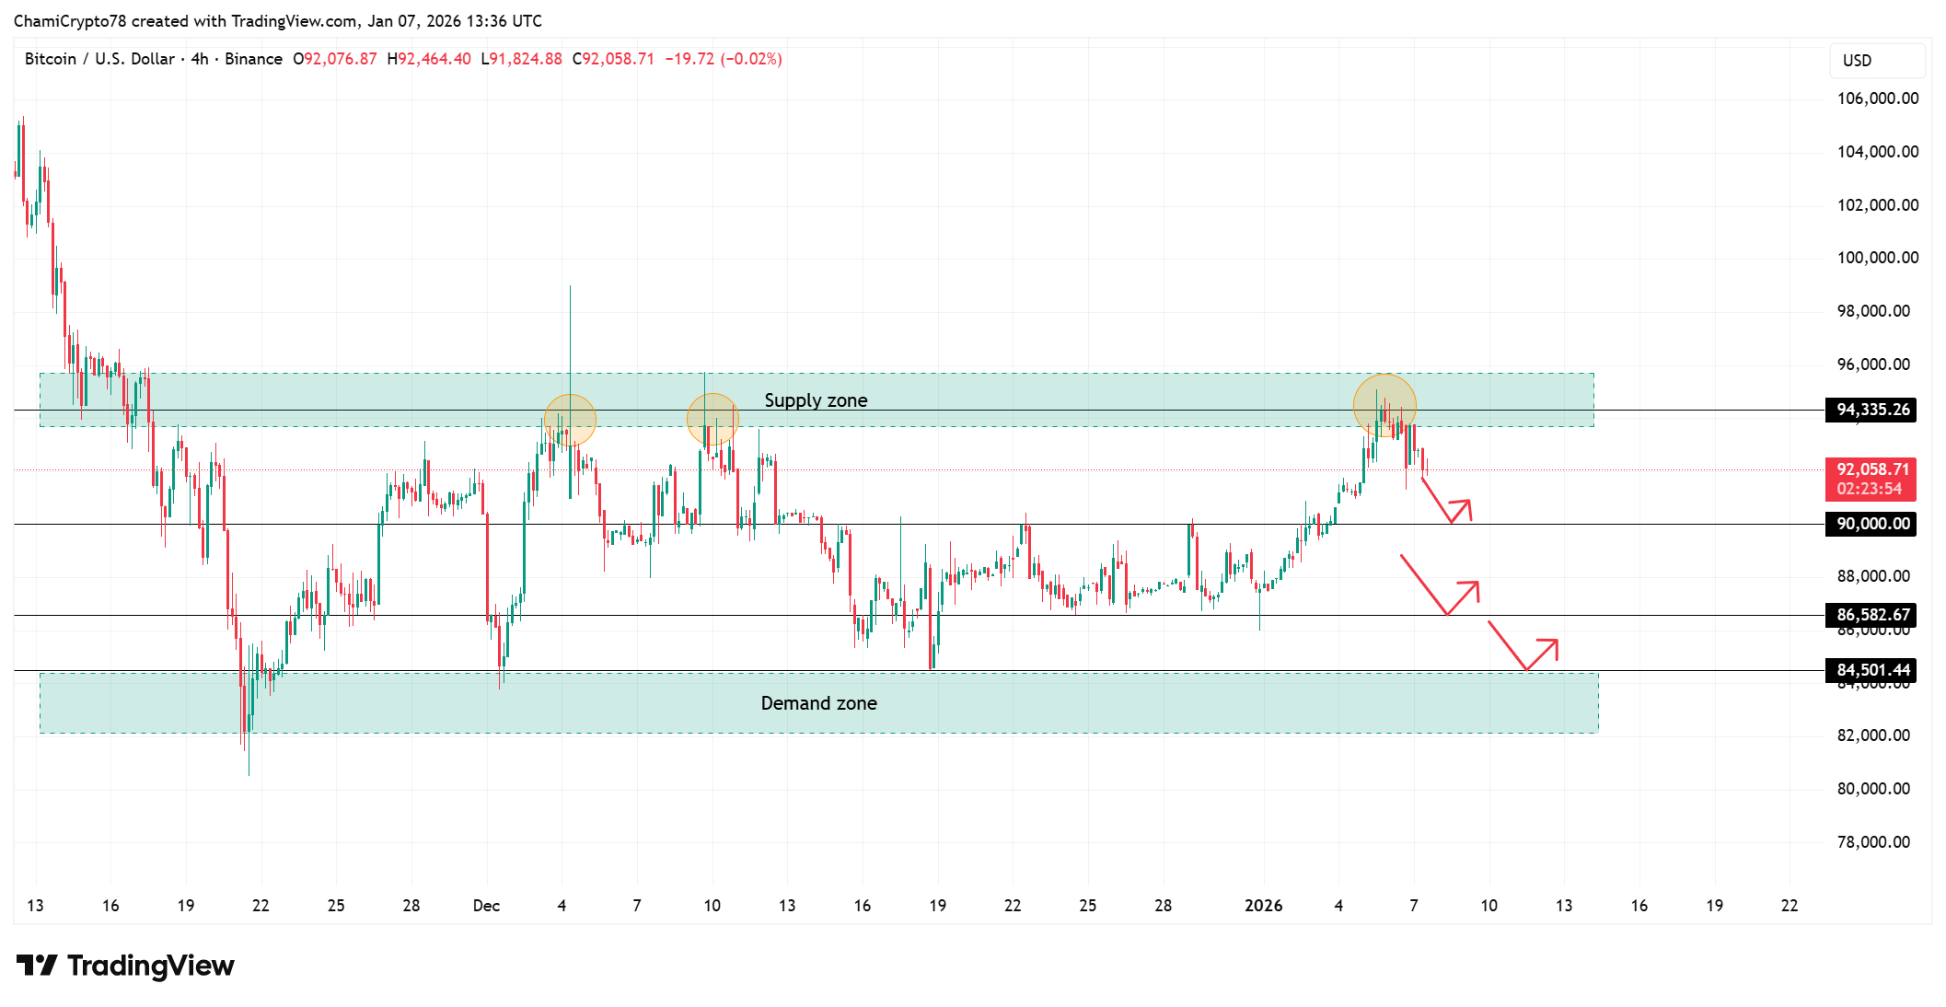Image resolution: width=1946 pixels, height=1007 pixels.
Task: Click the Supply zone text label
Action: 816,400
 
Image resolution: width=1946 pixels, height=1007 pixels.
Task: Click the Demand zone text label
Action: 818,703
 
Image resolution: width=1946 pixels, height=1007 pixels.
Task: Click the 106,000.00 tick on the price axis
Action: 1877,98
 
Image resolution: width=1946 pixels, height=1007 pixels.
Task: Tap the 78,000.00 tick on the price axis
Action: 1873,842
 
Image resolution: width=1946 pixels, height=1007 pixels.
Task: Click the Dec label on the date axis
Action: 486,906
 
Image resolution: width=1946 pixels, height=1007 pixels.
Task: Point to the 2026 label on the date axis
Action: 1263,906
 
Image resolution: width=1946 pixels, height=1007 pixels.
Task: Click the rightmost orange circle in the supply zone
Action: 1384,405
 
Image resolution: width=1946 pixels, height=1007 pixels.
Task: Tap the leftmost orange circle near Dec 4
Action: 570,420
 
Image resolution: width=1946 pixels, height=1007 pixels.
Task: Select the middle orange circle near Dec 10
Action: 712,419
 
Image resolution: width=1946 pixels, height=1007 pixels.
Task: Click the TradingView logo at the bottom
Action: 125,966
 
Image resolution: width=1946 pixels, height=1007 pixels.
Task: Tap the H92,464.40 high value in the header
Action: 429,59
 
